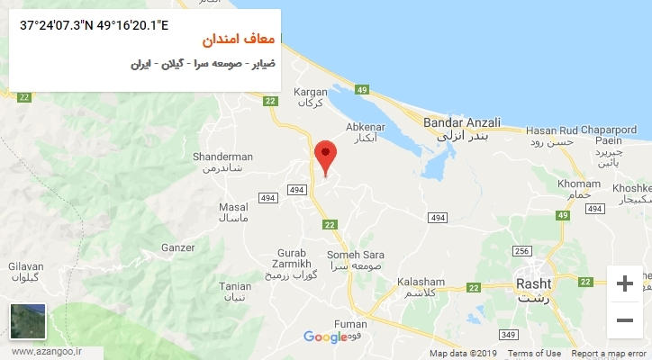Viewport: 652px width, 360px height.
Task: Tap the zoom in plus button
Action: pos(624,284)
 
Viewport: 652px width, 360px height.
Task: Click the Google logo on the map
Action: pos(325,337)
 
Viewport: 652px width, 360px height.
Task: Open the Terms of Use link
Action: pos(534,354)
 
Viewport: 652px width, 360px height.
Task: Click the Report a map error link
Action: pos(609,354)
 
